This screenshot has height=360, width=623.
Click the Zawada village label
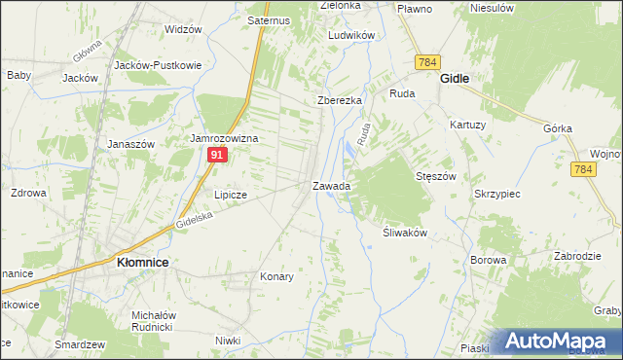coord(331,185)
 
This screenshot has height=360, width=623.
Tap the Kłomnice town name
coord(142,262)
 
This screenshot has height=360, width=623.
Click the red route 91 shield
coord(218,155)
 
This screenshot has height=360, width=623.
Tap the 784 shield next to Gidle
coord(426,62)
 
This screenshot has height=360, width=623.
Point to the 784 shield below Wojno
coord(583,169)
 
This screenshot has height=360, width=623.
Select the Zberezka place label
coord(340,101)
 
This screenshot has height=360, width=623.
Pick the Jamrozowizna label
coord(224,139)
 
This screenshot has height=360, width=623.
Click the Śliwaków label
coord(399,233)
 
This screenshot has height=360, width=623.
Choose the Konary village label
coord(276,276)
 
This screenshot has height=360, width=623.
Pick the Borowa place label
coord(488,260)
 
